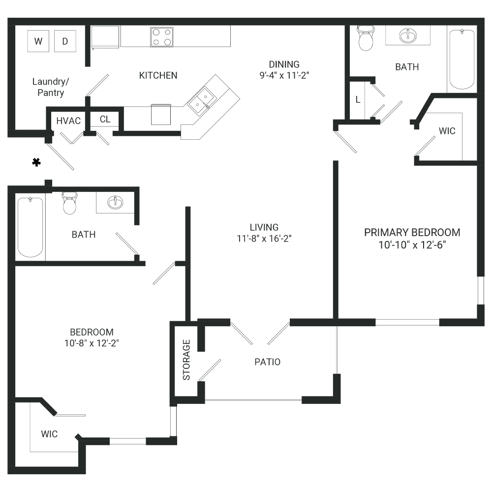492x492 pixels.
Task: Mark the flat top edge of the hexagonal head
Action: click(162, 27)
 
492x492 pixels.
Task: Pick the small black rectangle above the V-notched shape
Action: click(161, 98)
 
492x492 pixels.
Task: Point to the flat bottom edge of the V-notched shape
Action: click(160, 127)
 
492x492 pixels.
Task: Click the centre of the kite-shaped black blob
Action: click(31, 162)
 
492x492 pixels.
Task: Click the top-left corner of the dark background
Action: click(8, 19)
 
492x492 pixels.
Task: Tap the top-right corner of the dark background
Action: click(484, 19)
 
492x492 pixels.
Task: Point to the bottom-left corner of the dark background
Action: click(8, 473)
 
